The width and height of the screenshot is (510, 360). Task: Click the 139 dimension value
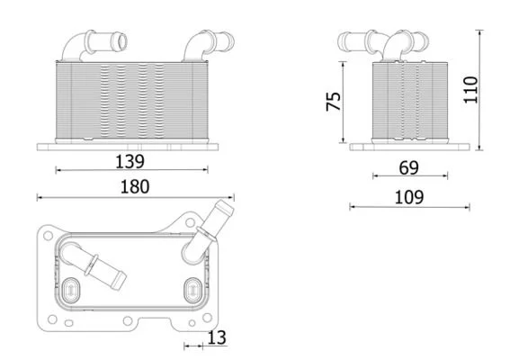click(x=130, y=161)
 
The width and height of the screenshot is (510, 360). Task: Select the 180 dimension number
click(x=135, y=187)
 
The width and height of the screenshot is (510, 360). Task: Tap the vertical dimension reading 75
click(x=334, y=102)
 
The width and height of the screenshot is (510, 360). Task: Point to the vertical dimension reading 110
click(x=470, y=90)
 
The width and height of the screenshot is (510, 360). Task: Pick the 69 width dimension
click(x=409, y=168)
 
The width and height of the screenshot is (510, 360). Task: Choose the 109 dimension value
click(x=409, y=197)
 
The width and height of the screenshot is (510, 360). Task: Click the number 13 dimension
click(x=217, y=337)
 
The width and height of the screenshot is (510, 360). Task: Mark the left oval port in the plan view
click(x=70, y=290)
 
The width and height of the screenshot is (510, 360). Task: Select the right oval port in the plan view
click(x=192, y=290)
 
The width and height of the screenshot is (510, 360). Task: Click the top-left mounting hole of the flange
click(x=49, y=235)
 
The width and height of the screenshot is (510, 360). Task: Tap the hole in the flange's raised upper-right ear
click(x=191, y=223)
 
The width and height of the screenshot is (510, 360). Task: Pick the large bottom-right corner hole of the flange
click(x=207, y=318)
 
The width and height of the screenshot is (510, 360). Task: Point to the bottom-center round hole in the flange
click(x=128, y=321)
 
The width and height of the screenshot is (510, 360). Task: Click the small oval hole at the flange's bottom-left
click(x=68, y=323)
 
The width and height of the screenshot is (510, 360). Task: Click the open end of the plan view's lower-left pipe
click(x=119, y=281)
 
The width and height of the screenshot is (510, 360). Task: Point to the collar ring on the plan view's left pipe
click(x=91, y=265)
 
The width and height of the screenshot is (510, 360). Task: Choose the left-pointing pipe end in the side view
click(x=342, y=41)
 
